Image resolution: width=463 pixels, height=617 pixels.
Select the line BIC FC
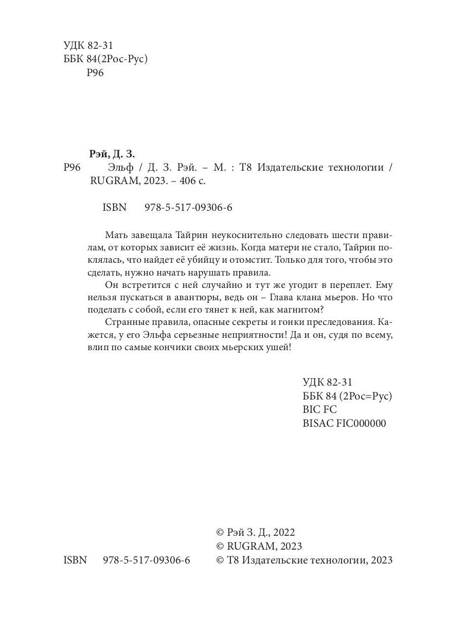pyautogui.click(x=320, y=409)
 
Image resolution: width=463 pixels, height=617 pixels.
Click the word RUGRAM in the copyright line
pyautogui.click(x=249, y=546)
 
